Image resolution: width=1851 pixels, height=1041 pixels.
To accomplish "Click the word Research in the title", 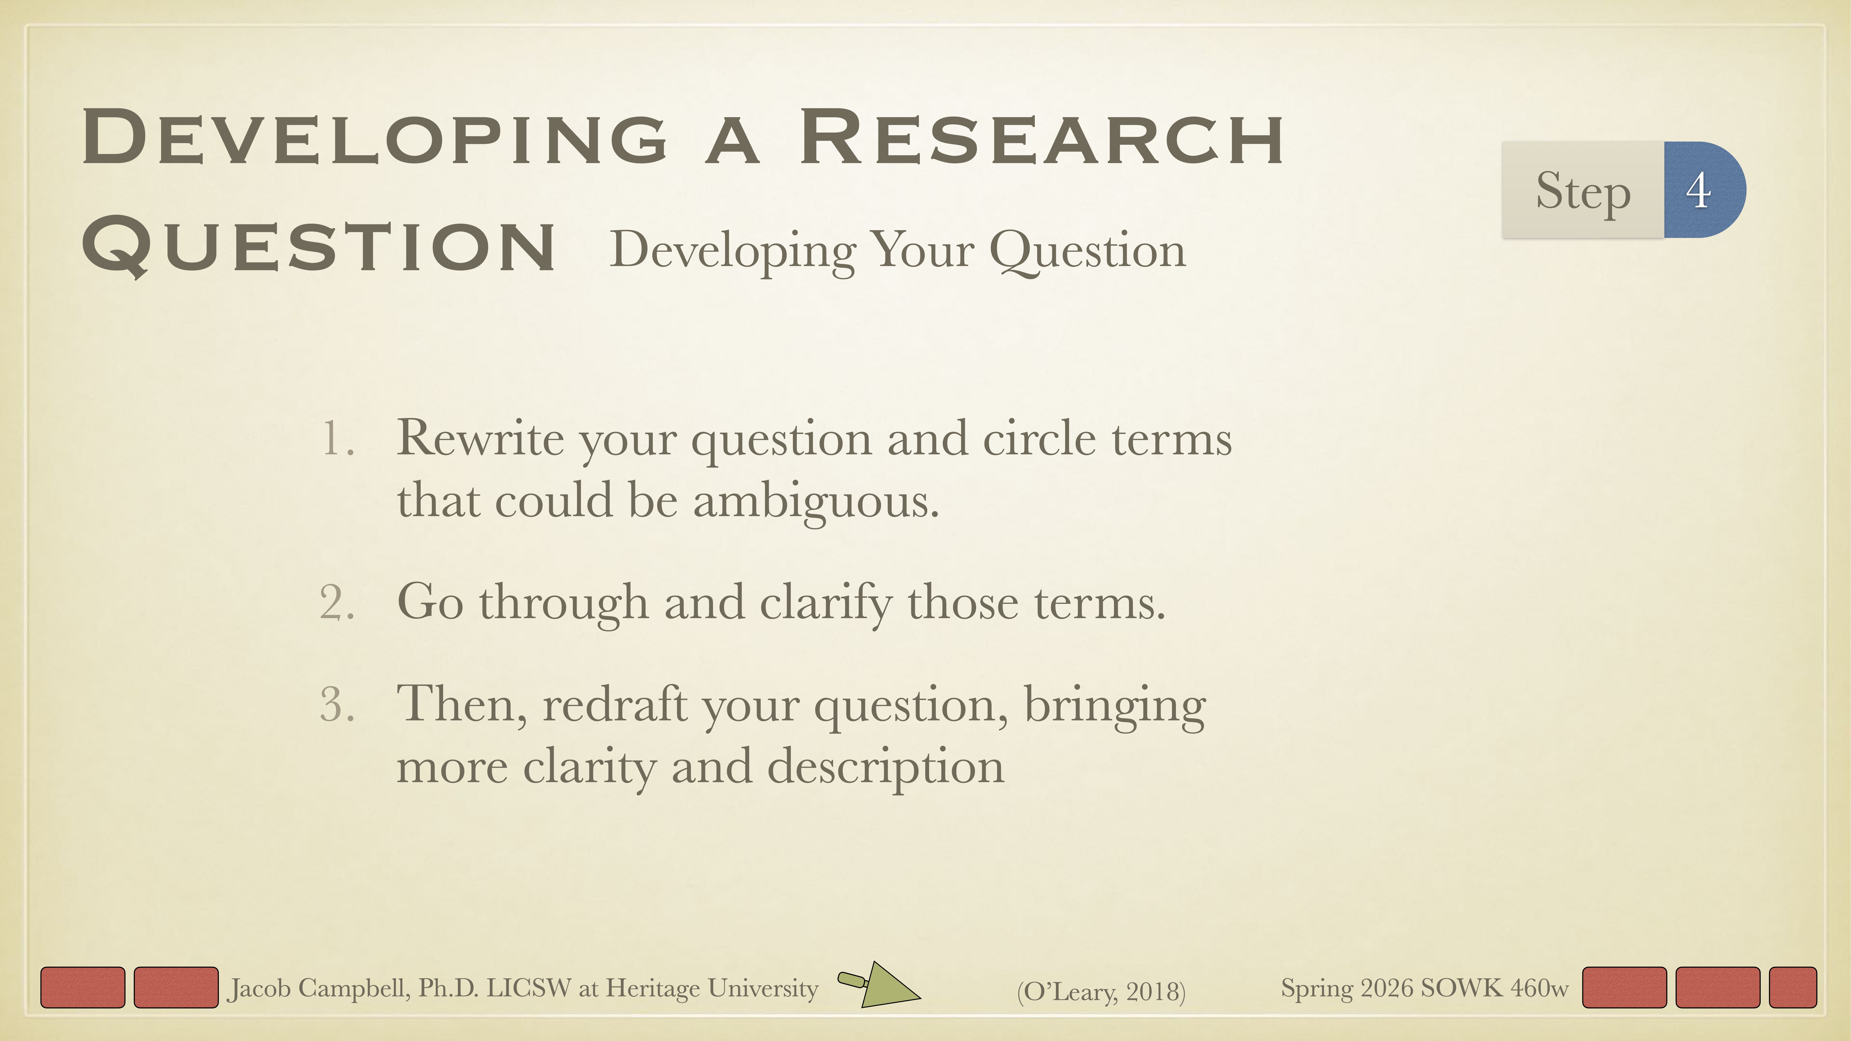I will (1042, 138).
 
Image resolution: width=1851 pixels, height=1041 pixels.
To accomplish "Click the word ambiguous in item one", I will (815, 501).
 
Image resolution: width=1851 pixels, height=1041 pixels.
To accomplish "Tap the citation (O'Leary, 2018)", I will (1101, 991).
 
